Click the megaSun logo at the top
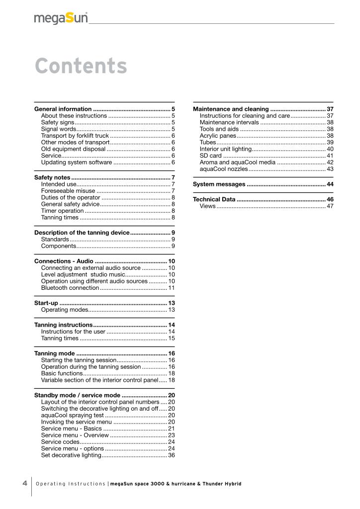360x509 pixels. pos(61,18)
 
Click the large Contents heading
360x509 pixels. pos(81,66)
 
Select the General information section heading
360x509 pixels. pos(63,109)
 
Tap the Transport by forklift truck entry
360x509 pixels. pos(75,135)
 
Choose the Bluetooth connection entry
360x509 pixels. pos(70,288)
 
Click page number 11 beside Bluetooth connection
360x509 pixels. pos(171,288)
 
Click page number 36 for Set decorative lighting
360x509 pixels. pos(171,455)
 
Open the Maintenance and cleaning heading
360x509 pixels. pos(231,109)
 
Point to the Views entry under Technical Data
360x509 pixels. pos(208,206)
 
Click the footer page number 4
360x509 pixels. pos(24,483)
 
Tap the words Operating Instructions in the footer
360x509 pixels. pos(71,484)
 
